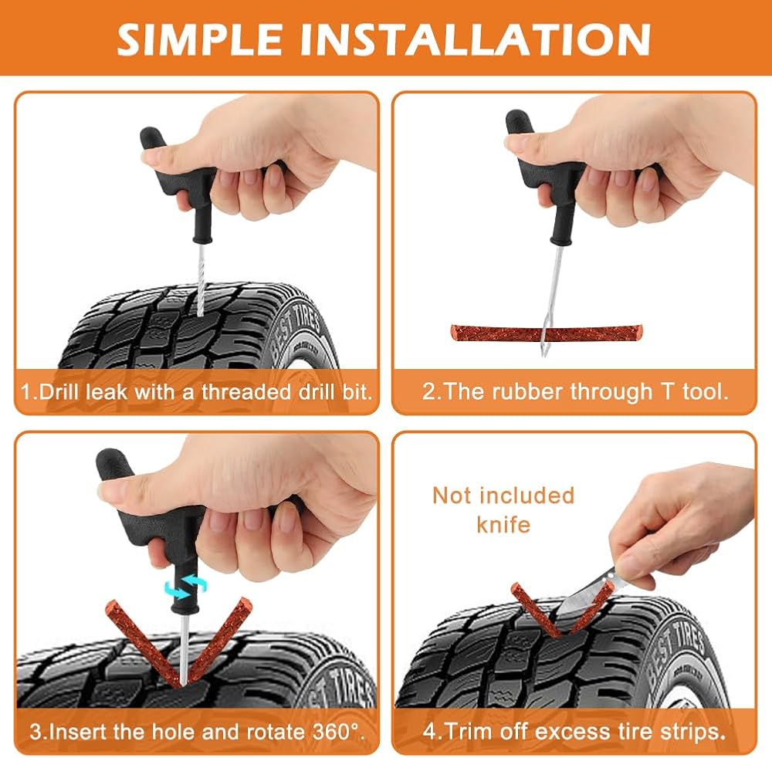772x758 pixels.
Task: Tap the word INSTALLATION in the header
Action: (x=476, y=39)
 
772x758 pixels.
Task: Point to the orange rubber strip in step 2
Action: (x=547, y=332)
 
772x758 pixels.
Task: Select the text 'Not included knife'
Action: (x=503, y=510)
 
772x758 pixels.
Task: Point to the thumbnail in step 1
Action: (x=154, y=158)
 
